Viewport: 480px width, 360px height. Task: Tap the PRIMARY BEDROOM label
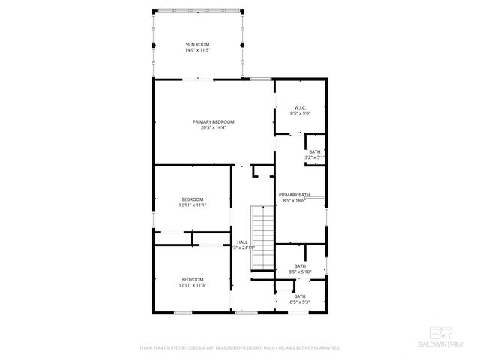[213, 122]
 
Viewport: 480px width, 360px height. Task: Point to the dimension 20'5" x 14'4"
[213, 128]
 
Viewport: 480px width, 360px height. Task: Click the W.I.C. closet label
[300, 107]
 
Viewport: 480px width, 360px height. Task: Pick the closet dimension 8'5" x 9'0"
[300, 113]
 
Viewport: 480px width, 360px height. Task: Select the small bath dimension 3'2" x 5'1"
[315, 158]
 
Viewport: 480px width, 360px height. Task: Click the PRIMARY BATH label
[294, 195]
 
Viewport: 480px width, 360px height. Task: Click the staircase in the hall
[262, 238]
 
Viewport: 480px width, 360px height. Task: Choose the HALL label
[242, 241]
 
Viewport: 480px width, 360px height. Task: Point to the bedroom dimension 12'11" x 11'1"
[192, 205]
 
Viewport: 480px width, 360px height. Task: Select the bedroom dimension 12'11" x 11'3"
[192, 285]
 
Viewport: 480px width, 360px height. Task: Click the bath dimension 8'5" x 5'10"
[300, 271]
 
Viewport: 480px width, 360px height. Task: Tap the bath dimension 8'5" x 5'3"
[300, 302]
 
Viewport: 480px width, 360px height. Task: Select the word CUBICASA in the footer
[207, 348]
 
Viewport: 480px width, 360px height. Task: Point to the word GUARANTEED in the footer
[323, 348]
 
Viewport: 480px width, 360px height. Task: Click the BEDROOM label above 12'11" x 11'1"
[192, 199]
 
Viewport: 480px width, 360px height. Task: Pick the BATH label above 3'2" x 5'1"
[315, 152]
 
